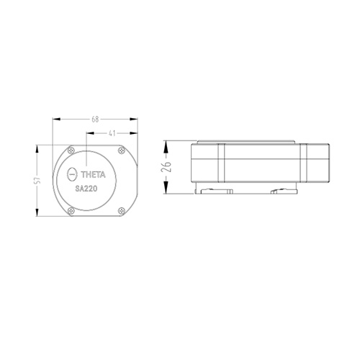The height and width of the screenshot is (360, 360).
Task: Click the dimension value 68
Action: click(x=95, y=120)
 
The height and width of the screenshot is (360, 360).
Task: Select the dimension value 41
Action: click(x=112, y=133)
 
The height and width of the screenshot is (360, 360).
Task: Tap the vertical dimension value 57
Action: click(x=38, y=181)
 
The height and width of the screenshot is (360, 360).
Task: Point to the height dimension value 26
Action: click(x=166, y=167)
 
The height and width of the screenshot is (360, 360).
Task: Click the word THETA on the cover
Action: click(x=93, y=175)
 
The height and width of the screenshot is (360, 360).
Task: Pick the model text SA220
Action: click(x=86, y=189)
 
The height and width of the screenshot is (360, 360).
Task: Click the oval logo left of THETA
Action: click(x=72, y=174)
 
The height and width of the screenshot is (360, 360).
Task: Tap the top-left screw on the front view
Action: click(x=71, y=150)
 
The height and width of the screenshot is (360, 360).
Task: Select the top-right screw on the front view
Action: click(x=122, y=150)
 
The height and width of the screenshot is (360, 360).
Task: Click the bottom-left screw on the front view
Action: click(x=71, y=211)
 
